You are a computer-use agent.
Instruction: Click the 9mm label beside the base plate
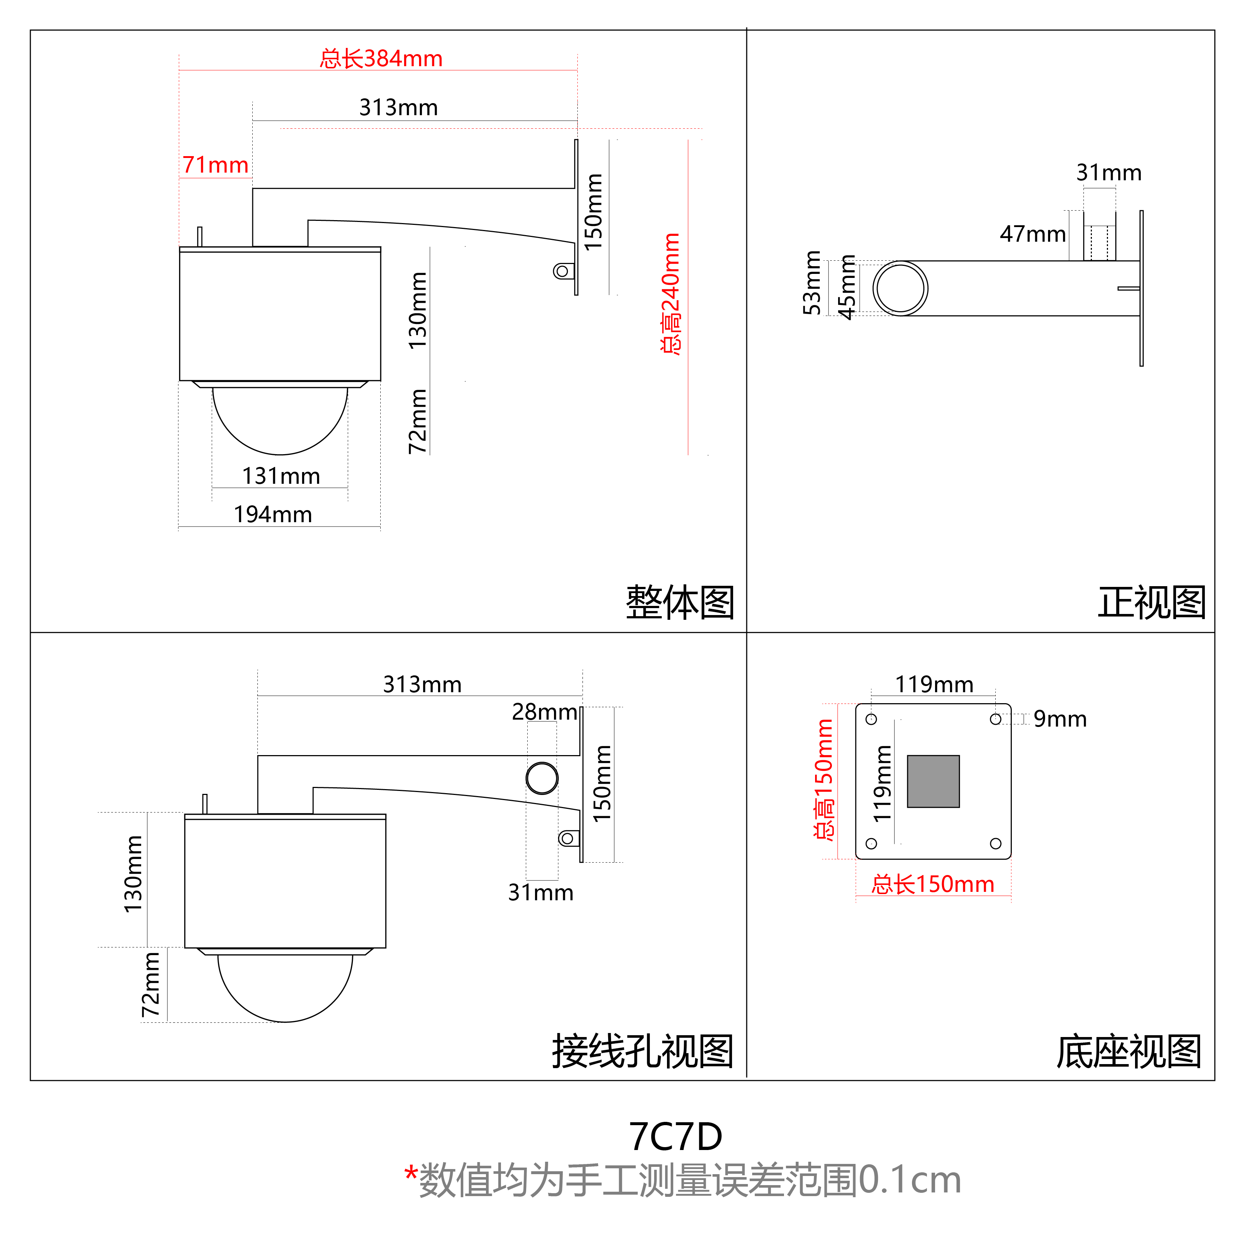pos(1060,719)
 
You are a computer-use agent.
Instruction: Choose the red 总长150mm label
pos(932,885)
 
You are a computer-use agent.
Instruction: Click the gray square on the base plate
pos(933,781)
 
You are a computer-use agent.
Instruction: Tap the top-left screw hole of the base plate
pos(871,719)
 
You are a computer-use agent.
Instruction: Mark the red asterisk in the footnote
pos(411,1173)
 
